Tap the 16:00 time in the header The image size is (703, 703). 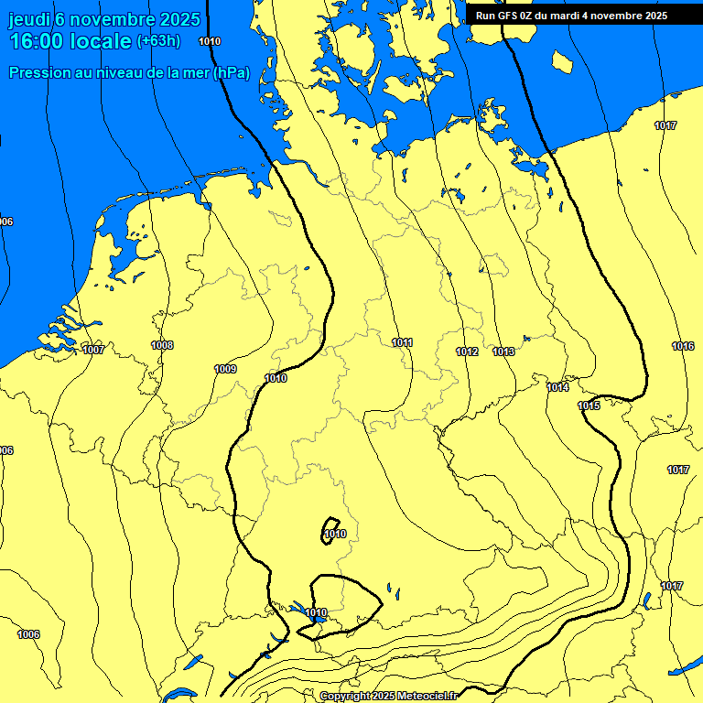tap(37, 41)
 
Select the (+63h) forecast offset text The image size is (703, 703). tap(158, 41)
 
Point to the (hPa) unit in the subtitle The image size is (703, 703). tap(231, 73)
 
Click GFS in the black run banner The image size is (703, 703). tap(513, 16)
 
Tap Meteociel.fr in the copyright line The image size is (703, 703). tap(423, 697)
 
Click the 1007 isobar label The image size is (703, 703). tap(92, 350)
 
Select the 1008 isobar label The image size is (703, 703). tap(162, 345)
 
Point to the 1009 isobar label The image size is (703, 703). tap(225, 369)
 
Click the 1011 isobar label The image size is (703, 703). tap(402, 342)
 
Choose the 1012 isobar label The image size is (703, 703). tap(467, 352)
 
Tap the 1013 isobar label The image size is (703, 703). tap(503, 352)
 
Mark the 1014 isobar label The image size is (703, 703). tap(557, 387)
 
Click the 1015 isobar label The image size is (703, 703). tap(588, 406)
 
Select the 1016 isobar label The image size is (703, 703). tap(682, 346)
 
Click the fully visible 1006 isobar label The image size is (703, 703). tap(28, 634)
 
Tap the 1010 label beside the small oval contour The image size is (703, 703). tap(335, 534)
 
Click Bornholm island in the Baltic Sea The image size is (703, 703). tap(562, 62)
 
